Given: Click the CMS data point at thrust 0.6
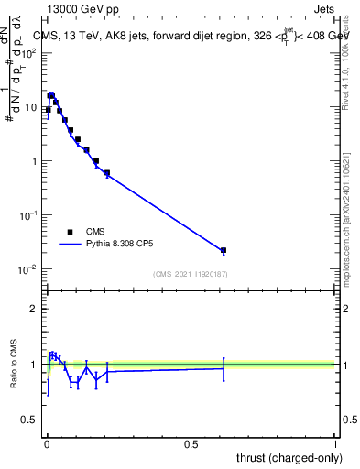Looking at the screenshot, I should coord(224,250).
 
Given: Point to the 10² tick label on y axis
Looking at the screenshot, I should coord(29,52).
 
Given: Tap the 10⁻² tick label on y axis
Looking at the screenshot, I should coord(29,269).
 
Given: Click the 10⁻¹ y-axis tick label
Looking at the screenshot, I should coord(29,215).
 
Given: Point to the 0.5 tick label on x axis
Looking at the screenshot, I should coord(191,444).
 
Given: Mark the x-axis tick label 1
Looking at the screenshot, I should coord(335,444).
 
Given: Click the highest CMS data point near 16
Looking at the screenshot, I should coord(51,95).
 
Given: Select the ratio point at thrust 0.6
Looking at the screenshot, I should coord(224,368).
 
